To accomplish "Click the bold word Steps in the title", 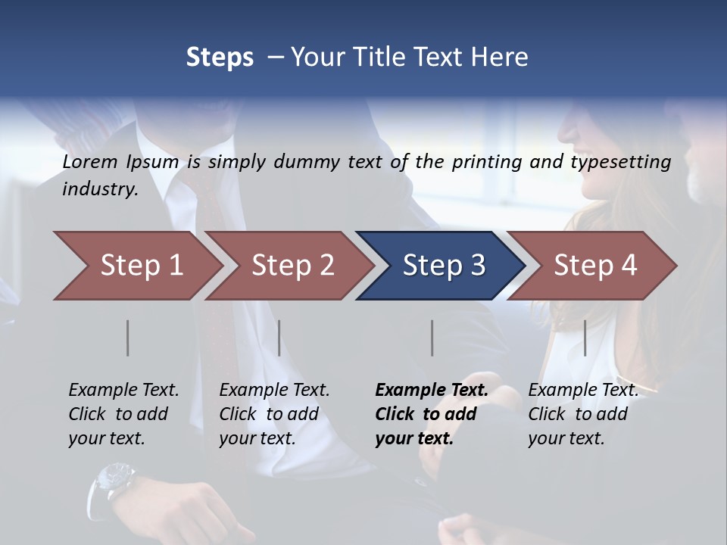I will tap(220, 58).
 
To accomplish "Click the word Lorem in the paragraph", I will tap(90, 161).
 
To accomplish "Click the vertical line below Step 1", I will tap(128, 338).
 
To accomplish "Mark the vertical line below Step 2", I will tap(279, 338).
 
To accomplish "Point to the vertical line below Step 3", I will tap(432, 338).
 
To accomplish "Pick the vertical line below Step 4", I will tap(585, 338).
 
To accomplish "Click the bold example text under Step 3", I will tap(432, 414).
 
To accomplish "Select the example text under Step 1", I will tap(123, 414).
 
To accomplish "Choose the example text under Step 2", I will tap(274, 414).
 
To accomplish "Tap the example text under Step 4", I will tap(582, 414).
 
